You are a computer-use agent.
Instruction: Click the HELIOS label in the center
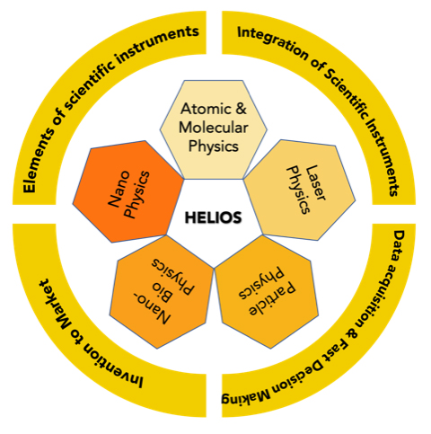[213, 217]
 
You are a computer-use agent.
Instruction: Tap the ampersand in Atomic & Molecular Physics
[241, 109]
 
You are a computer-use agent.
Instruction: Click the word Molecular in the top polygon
[214, 128]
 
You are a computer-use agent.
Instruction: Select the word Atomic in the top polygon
[205, 109]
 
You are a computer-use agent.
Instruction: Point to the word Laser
[315, 182]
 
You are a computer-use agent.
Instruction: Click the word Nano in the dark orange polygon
[119, 190]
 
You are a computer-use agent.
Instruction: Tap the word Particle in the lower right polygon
[273, 299]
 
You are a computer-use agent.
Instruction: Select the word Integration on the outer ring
[272, 43]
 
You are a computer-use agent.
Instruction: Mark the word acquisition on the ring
[380, 297]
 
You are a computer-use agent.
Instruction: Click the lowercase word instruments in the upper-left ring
[157, 44]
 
